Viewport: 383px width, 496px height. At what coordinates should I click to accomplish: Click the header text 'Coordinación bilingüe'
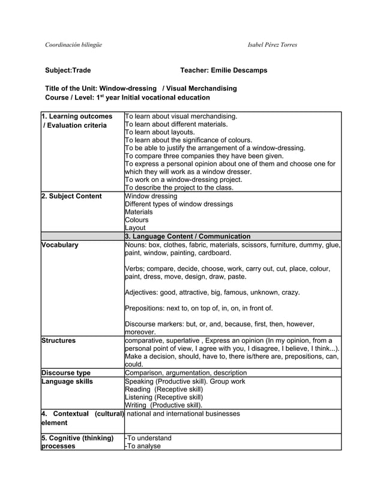[74, 45]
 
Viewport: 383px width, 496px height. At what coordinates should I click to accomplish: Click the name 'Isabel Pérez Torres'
[272, 45]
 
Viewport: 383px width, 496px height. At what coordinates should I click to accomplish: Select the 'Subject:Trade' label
[68, 71]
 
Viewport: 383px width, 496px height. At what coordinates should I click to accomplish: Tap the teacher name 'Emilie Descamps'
[238, 71]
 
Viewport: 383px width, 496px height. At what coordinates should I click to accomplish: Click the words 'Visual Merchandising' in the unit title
[203, 88]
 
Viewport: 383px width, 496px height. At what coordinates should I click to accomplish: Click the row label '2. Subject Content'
[71, 196]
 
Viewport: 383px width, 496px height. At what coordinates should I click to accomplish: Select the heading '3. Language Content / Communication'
[187, 236]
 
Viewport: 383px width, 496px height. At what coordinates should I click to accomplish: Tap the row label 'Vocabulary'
[59, 244]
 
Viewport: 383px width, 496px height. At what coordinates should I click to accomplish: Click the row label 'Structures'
[58, 340]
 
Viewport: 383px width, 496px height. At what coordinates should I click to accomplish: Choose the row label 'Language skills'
[66, 381]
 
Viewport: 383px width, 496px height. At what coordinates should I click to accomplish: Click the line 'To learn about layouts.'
[159, 132]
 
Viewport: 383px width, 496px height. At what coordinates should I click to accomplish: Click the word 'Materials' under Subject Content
[139, 212]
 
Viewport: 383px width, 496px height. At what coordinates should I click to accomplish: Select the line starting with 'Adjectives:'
[212, 292]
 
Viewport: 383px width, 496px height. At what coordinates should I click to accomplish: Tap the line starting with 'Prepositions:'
[199, 309]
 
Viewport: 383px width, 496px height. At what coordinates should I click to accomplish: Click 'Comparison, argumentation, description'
[185, 373]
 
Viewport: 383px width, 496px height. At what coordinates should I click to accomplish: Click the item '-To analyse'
[142, 446]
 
